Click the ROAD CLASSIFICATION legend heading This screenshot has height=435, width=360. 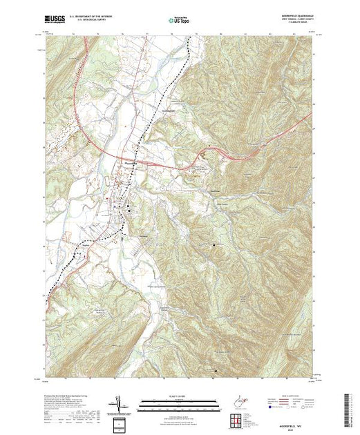(x=291, y=396)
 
